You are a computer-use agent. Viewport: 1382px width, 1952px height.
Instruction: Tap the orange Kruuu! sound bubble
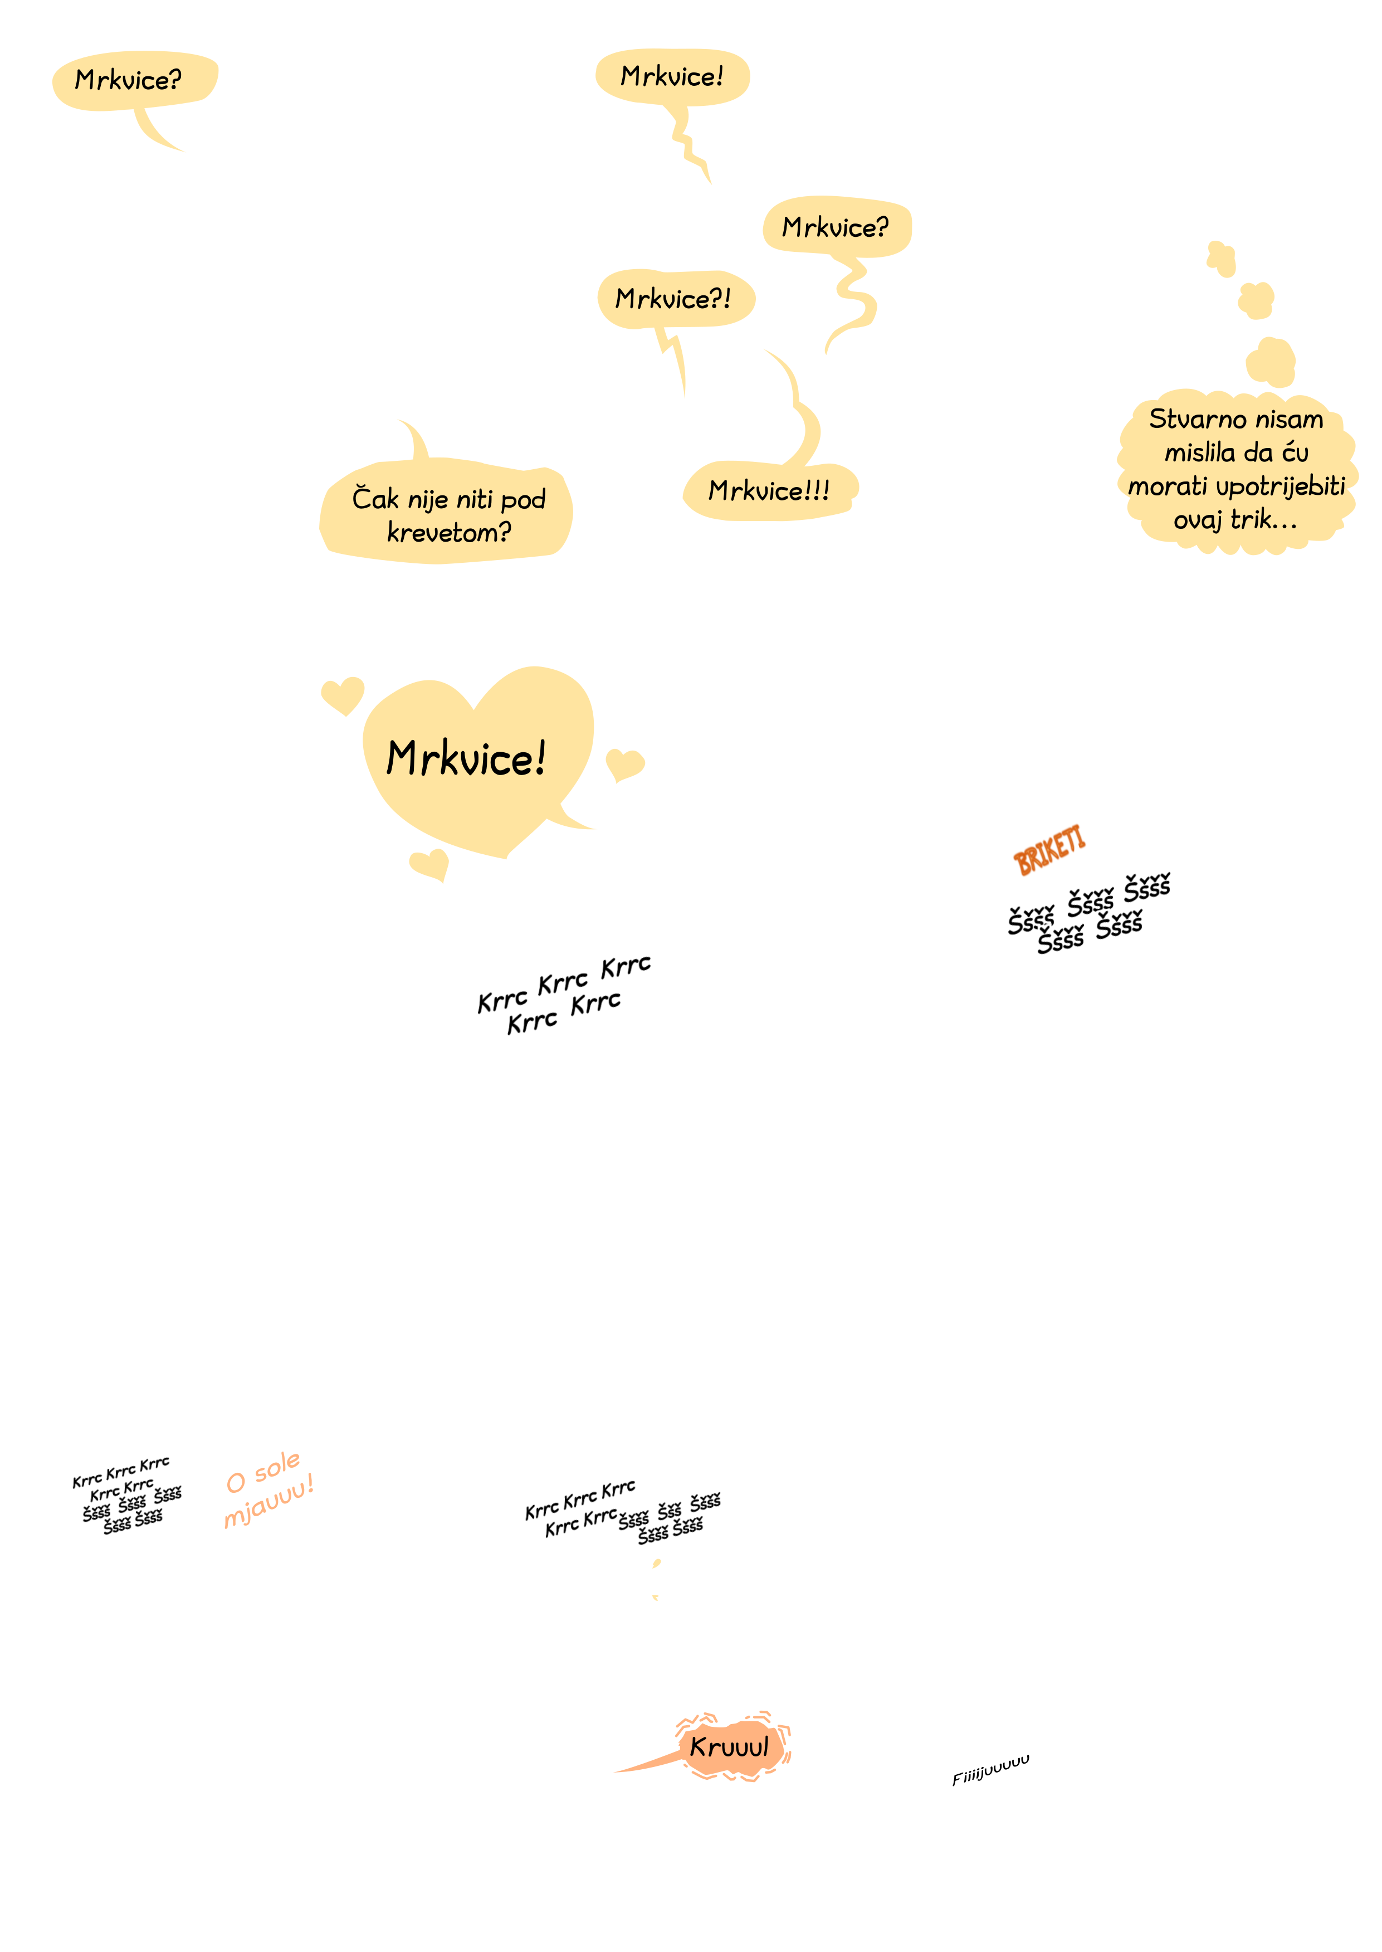[732, 1746]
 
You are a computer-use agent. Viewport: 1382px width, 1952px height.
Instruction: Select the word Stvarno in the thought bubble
[1189, 419]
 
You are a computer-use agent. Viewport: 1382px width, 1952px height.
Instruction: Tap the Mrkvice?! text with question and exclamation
[673, 299]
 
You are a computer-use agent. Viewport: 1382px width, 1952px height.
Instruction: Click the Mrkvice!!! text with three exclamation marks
[769, 490]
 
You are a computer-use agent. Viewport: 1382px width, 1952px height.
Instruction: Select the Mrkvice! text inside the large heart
[466, 758]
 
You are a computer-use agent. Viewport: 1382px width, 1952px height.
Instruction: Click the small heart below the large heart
[429, 863]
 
